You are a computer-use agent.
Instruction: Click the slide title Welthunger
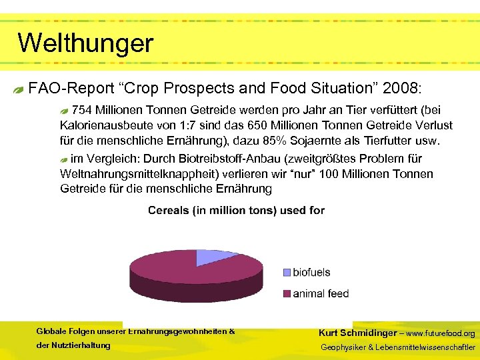point(85,43)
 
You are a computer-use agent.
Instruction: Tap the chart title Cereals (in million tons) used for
point(236,210)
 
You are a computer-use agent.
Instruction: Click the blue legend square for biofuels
point(287,272)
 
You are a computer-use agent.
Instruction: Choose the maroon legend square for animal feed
point(287,293)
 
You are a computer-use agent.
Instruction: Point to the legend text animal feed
point(321,293)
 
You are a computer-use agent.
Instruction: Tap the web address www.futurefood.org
point(441,333)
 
